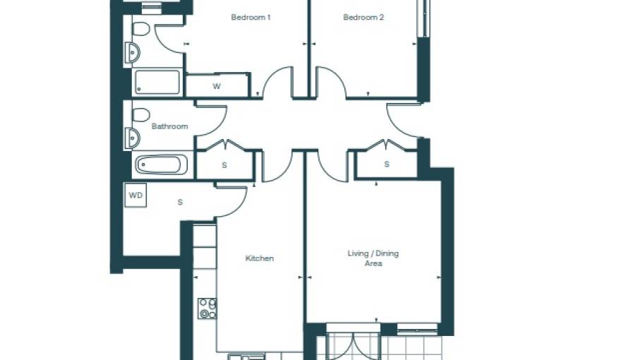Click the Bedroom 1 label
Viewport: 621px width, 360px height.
coord(251,18)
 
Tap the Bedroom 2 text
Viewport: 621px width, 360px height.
coord(363,18)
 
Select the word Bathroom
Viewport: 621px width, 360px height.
coord(169,126)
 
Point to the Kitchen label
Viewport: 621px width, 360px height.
coord(259,258)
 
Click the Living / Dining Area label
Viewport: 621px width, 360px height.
coord(373,258)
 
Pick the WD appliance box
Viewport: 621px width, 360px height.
coord(135,196)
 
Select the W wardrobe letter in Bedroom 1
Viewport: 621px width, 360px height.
coord(217,87)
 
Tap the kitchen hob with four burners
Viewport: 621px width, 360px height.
coord(207,308)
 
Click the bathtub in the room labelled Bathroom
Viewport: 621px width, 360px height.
coord(162,164)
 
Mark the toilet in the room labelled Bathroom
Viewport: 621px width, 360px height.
coord(140,114)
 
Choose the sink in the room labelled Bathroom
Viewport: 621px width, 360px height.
coord(133,138)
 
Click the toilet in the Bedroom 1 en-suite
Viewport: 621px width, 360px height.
coord(140,29)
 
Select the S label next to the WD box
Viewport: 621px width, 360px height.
coord(180,203)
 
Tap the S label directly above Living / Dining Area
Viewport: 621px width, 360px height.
coord(387,164)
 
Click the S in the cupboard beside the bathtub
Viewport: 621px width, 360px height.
coord(224,165)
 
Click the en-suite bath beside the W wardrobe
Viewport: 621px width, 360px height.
coord(157,82)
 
